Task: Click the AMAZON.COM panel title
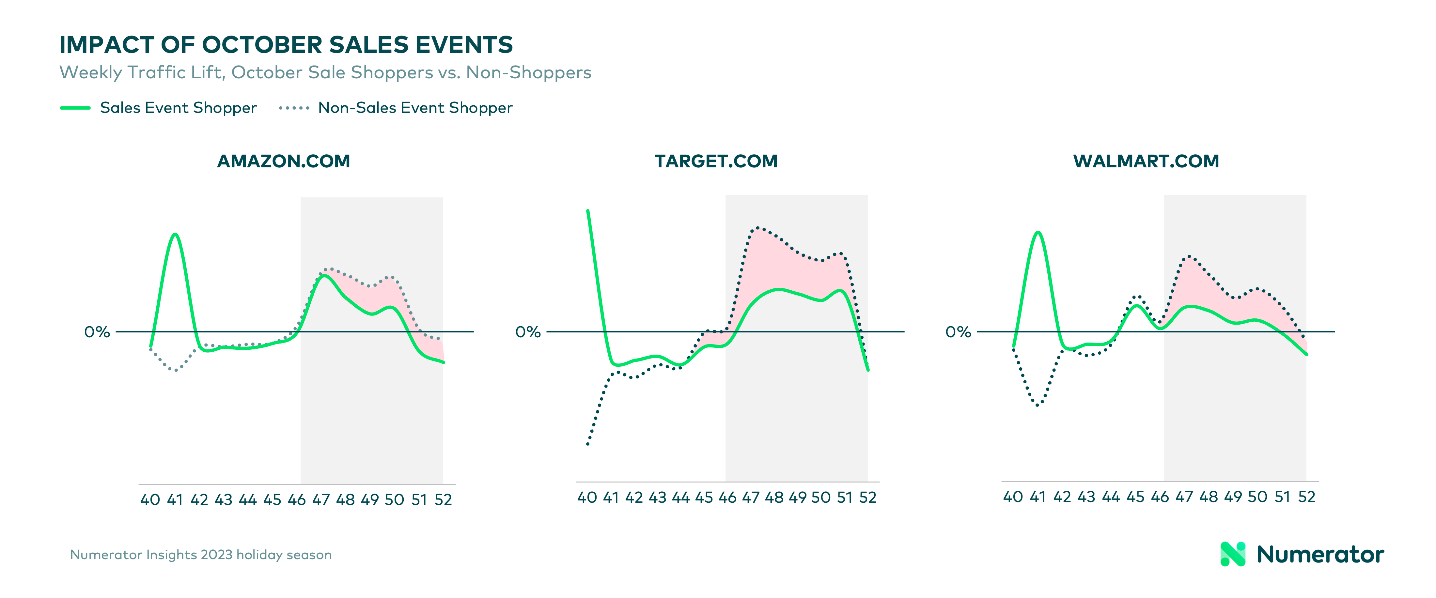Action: click(x=284, y=161)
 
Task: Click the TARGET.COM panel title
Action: click(x=716, y=161)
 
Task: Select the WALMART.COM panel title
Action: click(x=1146, y=161)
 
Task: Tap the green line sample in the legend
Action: click(x=75, y=108)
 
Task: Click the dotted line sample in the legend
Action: click(x=294, y=108)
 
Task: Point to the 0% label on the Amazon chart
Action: click(x=97, y=332)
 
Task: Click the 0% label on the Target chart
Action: click(x=528, y=332)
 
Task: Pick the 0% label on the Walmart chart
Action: click(x=958, y=332)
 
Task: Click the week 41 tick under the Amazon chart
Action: click(x=175, y=499)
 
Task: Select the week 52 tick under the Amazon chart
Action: click(x=443, y=499)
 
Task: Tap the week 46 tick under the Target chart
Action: click(x=727, y=497)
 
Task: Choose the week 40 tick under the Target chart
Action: click(x=587, y=497)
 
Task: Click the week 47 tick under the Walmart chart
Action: click(x=1184, y=497)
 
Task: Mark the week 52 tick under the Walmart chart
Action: click(x=1307, y=497)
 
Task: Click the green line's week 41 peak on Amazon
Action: click(x=176, y=234)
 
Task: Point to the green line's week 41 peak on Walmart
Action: click(x=1038, y=232)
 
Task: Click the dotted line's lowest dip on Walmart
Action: click(x=1038, y=405)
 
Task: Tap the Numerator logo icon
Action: click(x=1233, y=554)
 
